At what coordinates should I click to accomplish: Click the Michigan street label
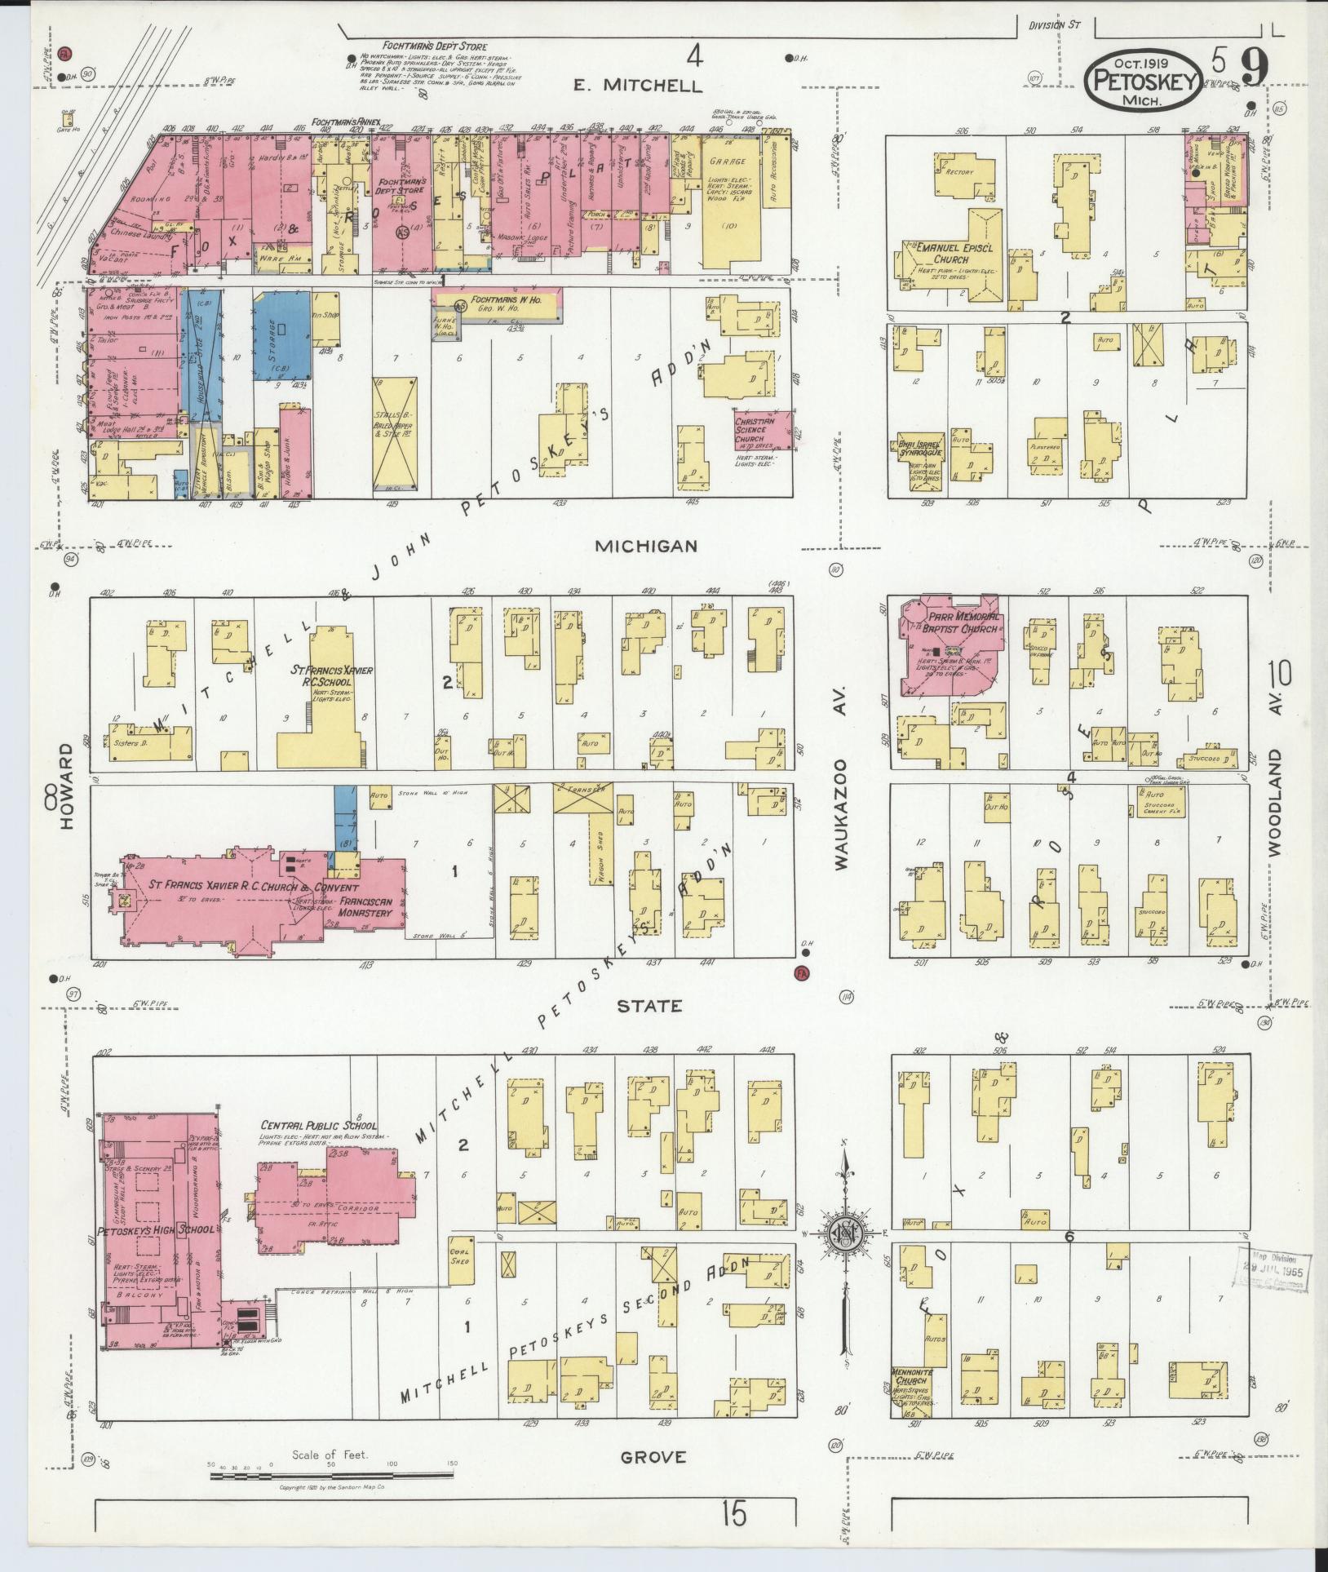pos(645,546)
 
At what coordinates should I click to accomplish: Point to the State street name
pos(649,1006)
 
